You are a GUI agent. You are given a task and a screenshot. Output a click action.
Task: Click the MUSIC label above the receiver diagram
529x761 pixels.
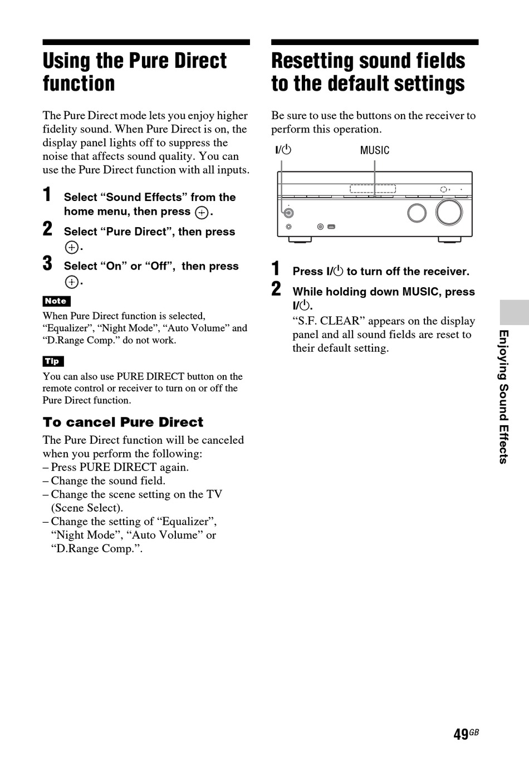[374, 150]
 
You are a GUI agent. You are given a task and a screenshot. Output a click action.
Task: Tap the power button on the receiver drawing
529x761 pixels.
[288, 213]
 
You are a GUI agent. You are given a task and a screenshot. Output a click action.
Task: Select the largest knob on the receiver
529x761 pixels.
[449, 212]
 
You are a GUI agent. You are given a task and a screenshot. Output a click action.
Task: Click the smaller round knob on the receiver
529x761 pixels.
[417, 213]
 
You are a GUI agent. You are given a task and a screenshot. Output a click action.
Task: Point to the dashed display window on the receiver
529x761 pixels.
[373, 189]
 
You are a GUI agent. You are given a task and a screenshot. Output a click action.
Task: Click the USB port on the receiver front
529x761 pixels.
[331, 227]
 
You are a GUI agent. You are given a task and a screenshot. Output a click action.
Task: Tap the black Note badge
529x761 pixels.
[56, 301]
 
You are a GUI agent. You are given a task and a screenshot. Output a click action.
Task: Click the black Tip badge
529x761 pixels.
[53, 361]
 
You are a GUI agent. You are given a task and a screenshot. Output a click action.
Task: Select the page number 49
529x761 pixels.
[461, 735]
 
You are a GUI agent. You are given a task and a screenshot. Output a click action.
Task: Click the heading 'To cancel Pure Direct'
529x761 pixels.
[123, 422]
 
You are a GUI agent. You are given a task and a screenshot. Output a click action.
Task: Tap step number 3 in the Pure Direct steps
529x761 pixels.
[48, 263]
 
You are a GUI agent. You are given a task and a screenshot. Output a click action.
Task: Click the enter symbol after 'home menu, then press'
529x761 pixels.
[202, 213]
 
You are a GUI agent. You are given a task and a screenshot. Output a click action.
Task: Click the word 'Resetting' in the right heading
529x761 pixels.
[315, 61]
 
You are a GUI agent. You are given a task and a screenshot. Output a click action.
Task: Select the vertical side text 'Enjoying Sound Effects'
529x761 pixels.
[503, 396]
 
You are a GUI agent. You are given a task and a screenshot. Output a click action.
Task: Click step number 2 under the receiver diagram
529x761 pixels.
[276, 289]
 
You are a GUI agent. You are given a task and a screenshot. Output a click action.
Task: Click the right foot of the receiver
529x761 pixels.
[449, 240]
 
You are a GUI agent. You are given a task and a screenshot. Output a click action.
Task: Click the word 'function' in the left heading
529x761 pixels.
[79, 84]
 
